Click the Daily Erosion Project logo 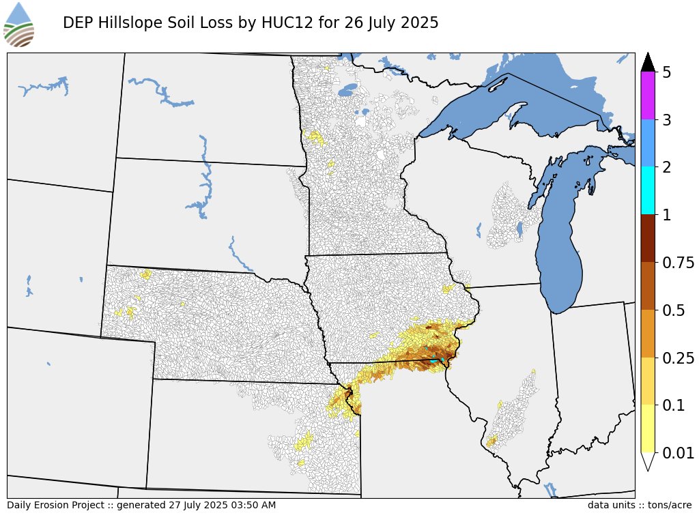[x=19, y=25]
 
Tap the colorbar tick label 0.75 [x=679, y=263]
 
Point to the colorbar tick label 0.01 [x=679, y=453]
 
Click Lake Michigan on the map [x=560, y=252]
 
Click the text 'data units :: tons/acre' [x=640, y=506]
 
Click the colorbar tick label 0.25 [x=679, y=358]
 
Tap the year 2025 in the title [x=418, y=23]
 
